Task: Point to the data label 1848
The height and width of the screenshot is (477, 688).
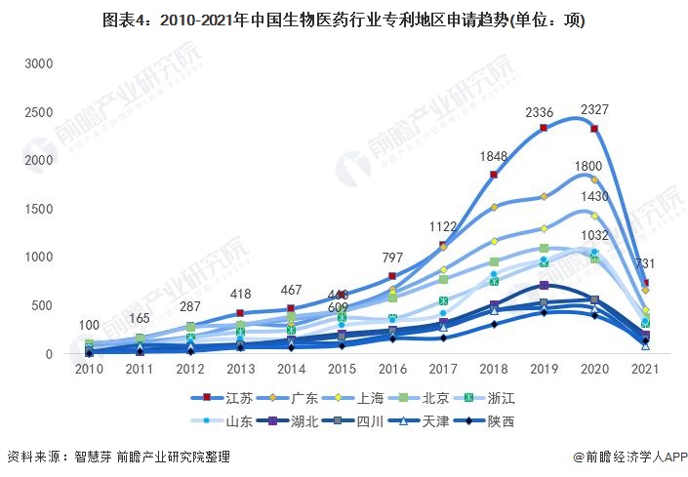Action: coord(494,157)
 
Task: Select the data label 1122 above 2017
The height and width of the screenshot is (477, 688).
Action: coord(443,227)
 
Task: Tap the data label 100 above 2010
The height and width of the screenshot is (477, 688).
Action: coord(90,326)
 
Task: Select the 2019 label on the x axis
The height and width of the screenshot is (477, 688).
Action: coord(544,372)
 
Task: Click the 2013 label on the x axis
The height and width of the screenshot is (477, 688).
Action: coord(241,372)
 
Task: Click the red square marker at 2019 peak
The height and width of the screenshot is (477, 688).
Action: coord(544,128)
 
